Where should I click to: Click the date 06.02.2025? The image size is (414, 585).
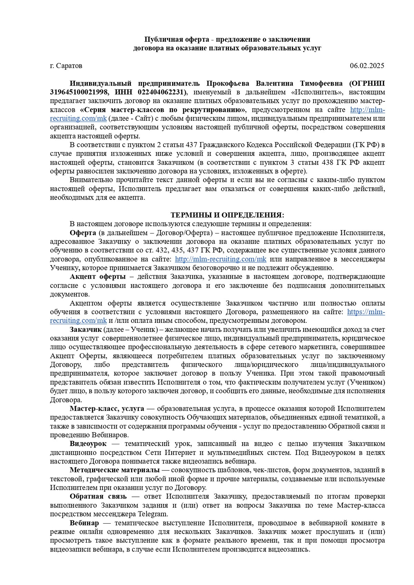pos(367,66)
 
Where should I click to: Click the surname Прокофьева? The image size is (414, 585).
pos(229,83)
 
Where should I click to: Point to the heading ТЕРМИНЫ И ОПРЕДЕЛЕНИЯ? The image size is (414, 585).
pos(227,215)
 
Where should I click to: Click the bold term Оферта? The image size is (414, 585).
pos(83,233)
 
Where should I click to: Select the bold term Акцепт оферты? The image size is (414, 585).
pos(98,277)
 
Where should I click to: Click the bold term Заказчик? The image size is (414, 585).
pos(85,329)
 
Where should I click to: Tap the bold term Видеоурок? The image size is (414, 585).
pos(88,444)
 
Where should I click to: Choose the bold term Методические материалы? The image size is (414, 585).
pos(115,470)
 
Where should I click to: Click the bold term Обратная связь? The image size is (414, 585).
pos(98,496)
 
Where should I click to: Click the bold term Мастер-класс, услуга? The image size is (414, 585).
pos(107,408)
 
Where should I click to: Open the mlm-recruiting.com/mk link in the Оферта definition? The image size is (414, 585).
pos(220,259)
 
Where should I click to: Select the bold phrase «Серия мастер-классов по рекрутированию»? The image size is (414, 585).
pos(163,110)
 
